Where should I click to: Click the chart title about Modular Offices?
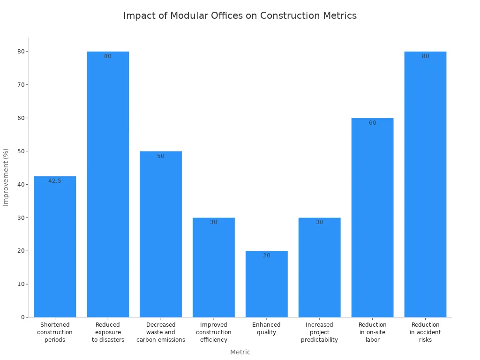240,15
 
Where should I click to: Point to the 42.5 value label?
55,181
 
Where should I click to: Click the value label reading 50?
161,156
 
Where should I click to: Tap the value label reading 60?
372,123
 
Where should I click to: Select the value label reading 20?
266,255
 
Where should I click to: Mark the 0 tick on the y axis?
22,317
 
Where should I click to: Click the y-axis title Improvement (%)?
6,177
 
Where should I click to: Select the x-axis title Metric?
240,352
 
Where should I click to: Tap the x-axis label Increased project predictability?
319,332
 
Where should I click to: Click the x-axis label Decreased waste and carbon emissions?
161,332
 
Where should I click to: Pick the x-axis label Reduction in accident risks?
425,332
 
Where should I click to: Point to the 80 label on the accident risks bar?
425,56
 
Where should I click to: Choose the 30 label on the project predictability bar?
319,222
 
